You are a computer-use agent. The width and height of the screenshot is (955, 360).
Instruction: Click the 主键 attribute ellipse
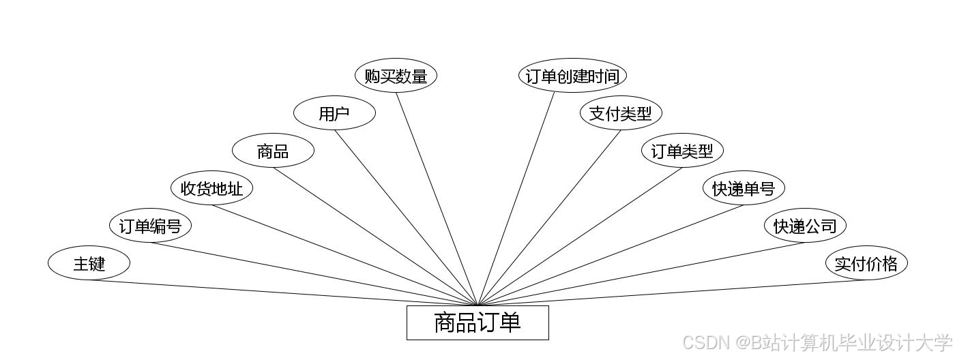click(89, 263)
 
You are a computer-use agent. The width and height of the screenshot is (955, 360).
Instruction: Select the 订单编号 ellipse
click(150, 226)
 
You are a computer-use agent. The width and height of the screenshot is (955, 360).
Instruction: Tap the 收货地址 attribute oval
click(211, 188)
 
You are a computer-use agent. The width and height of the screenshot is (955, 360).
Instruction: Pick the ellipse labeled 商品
click(273, 151)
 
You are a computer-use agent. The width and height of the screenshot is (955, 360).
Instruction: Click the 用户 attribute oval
click(334, 114)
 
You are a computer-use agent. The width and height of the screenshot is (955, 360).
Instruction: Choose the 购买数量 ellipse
click(396, 76)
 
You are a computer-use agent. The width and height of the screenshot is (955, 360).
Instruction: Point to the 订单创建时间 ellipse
click(572, 76)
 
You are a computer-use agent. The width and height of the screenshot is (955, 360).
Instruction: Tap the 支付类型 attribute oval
click(621, 114)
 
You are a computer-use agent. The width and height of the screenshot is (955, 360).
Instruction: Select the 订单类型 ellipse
click(682, 151)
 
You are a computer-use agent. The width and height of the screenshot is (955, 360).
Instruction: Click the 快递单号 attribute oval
click(744, 188)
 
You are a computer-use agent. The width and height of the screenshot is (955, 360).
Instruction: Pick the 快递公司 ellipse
click(805, 226)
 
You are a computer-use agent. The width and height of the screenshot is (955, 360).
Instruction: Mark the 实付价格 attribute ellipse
click(866, 263)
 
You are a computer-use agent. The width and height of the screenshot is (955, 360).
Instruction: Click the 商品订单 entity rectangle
click(477, 322)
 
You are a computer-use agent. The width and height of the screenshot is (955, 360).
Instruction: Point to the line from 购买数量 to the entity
click(437, 198)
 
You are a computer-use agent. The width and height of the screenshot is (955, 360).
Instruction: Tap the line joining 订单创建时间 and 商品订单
click(516, 198)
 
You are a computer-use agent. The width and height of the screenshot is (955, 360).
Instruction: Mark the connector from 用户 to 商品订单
click(406, 217)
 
